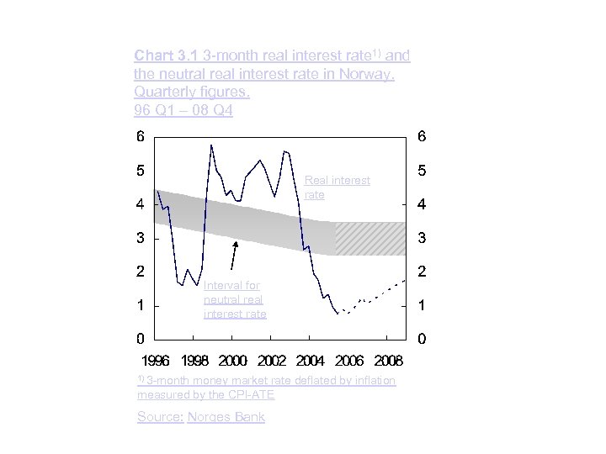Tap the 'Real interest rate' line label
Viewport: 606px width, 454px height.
337,187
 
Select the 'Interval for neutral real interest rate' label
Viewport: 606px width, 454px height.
235,300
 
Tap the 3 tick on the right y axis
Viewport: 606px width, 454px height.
422,238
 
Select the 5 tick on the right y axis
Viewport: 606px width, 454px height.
422,171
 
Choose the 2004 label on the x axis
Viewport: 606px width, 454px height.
311,361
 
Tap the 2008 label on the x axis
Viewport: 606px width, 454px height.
387,361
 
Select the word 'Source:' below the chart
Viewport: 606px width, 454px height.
158,417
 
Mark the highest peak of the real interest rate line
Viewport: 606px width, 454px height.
210,145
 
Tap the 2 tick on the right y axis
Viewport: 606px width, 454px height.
422,272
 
